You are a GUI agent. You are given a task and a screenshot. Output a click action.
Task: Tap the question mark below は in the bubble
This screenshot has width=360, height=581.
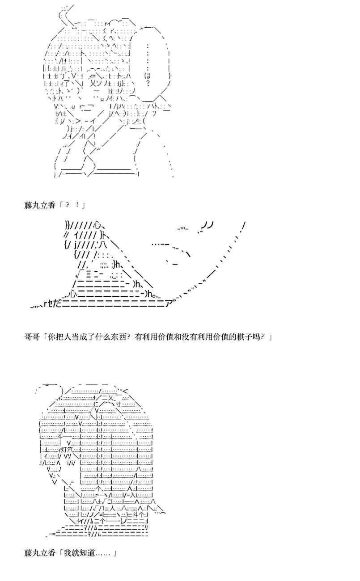pos(148,83)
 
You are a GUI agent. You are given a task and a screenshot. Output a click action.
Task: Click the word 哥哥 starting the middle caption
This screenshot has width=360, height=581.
pos(31,336)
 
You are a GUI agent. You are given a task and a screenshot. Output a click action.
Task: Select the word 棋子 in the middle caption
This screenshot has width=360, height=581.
pos(241,336)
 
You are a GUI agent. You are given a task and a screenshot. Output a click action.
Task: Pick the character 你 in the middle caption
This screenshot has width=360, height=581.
pos(50,336)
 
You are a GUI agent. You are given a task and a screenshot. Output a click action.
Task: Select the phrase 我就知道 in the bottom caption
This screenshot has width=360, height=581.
pos(79,553)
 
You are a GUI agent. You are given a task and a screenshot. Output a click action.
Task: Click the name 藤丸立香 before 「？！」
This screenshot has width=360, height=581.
pos(39,205)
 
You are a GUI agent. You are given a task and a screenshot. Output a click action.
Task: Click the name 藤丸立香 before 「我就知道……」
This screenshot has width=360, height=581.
pos(39,553)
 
